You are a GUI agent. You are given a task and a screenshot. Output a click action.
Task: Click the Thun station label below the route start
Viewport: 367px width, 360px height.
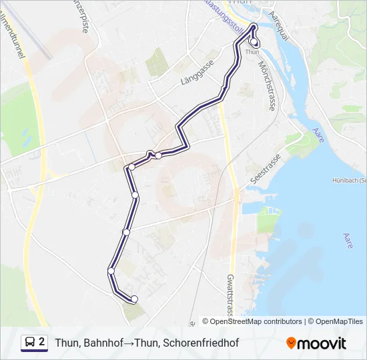click(252, 52)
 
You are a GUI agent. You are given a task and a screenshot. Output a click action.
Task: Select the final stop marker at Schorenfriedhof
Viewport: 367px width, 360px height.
click(134, 299)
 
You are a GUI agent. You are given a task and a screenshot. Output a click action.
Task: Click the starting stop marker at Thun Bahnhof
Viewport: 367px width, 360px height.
click(254, 42)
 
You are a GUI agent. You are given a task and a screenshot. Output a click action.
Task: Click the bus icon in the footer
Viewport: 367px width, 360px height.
click(31, 343)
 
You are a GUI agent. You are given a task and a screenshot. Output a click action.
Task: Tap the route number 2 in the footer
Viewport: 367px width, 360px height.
click(42, 342)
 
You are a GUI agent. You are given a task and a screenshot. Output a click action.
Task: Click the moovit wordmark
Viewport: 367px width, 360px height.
click(322, 343)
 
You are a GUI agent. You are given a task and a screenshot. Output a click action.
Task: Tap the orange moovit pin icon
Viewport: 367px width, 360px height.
click(291, 343)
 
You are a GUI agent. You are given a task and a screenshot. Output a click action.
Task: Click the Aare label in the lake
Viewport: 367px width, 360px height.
click(347, 241)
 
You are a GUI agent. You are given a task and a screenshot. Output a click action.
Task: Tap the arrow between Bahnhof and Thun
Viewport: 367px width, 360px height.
click(129, 343)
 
